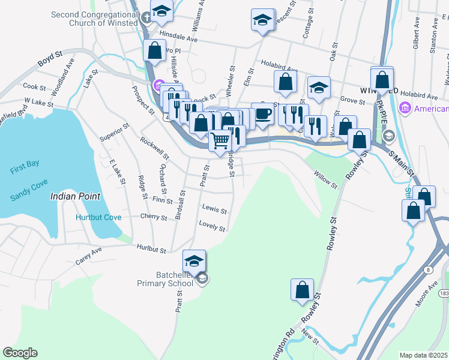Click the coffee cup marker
coord(262,114)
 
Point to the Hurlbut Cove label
coord(98,217)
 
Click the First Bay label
coord(25,170)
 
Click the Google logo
coord(20,353)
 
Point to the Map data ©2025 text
coord(424,355)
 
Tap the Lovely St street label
coord(212,227)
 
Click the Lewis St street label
coord(214,209)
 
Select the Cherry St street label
coord(153,217)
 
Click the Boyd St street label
coord(50,58)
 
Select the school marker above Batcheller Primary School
coord(194,262)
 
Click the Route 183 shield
coord(444,293)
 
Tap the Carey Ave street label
coord(89,257)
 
